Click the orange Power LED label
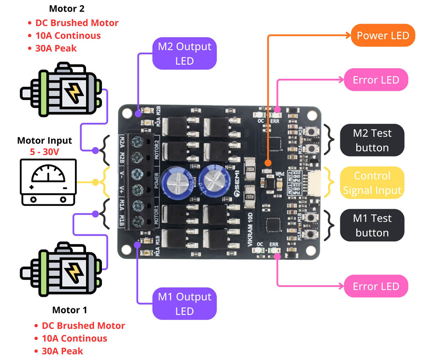click(382, 35)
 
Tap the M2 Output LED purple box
click(184, 53)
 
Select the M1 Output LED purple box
click(184, 303)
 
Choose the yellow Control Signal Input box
click(372, 183)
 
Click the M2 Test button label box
click(372, 140)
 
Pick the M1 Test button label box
click(372, 225)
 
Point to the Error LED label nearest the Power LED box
click(376, 80)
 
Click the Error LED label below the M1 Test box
click(376, 286)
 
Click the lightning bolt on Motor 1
click(74, 273)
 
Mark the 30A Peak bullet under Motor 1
click(62, 351)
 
